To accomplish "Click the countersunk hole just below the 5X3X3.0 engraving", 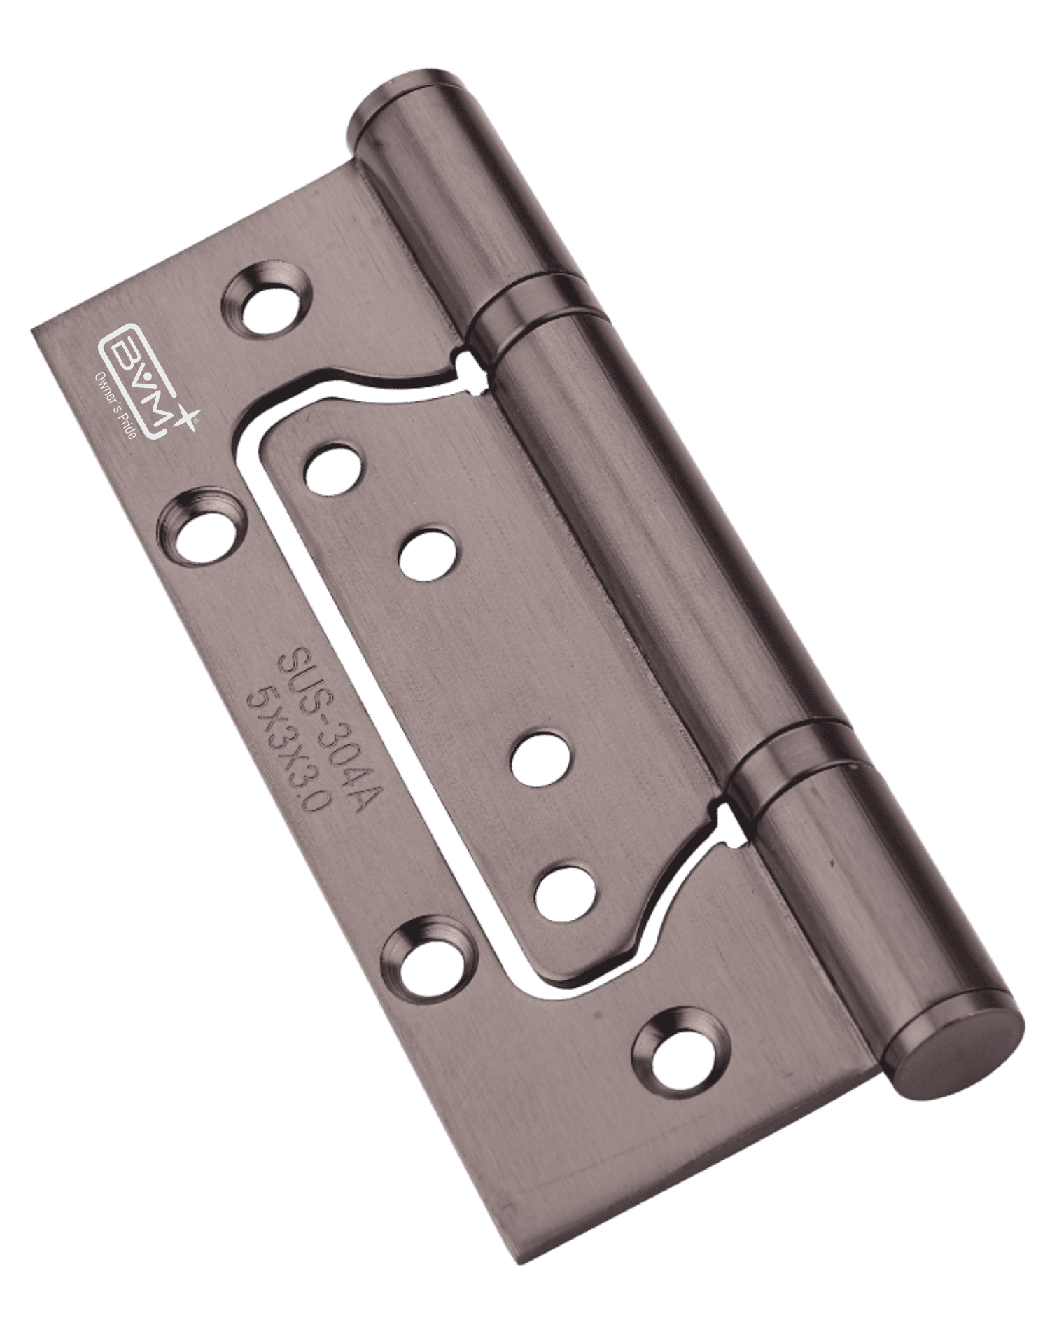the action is pyautogui.click(x=431, y=957).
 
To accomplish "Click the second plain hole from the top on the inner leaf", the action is pyautogui.click(x=427, y=555).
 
